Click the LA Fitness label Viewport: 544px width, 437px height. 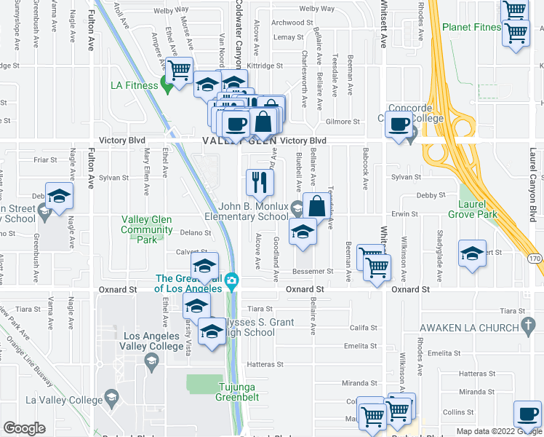[134, 85]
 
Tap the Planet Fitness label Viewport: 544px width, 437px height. [471, 28]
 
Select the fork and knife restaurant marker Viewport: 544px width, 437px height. [260, 182]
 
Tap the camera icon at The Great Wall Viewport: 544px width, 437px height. [232, 280]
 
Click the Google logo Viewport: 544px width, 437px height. [24, 428]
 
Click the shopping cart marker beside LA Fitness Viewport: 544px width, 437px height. [179, 70]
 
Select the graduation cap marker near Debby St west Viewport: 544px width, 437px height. [59, 195]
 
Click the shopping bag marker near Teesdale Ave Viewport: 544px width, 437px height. [318, 205]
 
